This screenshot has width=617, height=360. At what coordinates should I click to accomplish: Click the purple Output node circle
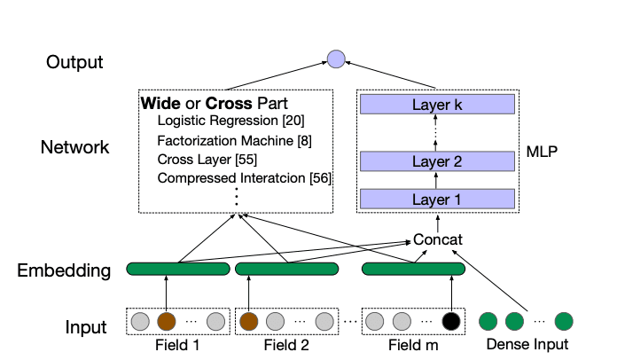335,59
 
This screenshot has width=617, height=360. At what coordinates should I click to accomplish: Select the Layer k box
437,105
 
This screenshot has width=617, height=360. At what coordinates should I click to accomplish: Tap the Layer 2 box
437,161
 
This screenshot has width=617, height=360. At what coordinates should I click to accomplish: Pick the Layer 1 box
437,200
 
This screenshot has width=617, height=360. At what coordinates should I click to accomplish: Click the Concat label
438,240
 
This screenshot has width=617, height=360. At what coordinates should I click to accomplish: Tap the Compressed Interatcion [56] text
244,179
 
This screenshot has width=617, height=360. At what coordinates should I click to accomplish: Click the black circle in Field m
451,321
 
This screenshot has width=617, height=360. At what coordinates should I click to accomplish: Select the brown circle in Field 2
249,321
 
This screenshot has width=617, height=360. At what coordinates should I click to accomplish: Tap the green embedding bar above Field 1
177,269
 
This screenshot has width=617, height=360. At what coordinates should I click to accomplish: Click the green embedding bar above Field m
413,269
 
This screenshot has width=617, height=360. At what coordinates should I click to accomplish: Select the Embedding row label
65,270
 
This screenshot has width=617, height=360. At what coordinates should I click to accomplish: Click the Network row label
74,147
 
